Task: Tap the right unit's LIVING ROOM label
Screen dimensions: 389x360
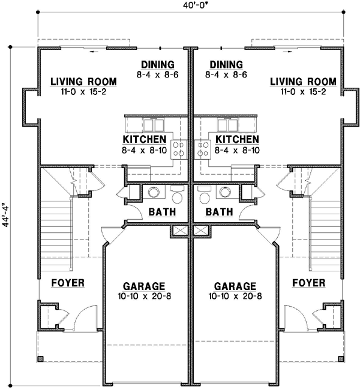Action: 302,82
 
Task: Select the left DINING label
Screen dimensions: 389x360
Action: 157,64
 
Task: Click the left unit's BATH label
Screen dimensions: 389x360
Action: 161,212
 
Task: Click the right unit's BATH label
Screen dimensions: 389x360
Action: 220,212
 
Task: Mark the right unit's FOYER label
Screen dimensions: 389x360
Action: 309,283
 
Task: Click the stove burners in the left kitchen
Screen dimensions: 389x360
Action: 179,149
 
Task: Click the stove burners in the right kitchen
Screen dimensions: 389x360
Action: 202,149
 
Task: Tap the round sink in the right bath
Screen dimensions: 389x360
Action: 226,192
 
